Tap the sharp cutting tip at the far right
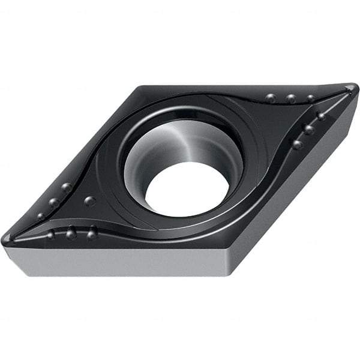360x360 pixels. click(354, 88)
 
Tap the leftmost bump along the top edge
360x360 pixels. click(271, 98)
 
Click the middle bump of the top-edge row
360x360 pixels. click(292, 99)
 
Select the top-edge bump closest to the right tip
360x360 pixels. click(311, 98)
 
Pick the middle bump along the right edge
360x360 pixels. click(309, 129)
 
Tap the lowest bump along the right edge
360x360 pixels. click(297, 144)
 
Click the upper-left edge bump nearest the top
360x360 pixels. click(67, 187)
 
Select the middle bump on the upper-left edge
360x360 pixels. click(54, 203)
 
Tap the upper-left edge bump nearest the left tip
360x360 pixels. click(41, 216)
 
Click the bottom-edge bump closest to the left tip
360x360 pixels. click(51, 234)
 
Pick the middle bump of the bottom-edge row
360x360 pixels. click(71, 233)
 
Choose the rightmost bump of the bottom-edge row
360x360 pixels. click(92, 233)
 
